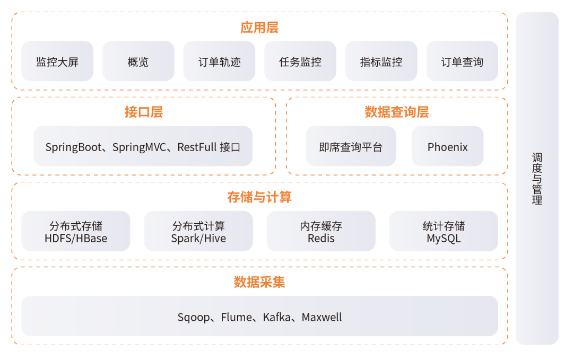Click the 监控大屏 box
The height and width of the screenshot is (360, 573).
pos(57,62)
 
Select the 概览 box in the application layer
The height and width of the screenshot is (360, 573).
pos(138,62)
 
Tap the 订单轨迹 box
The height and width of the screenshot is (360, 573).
pos(219,62)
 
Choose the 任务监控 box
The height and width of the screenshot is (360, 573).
pos(300,62)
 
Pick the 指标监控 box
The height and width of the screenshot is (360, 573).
pos(381,62)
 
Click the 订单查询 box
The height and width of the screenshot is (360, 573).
pos(462,62)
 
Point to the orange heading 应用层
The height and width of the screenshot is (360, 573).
pos(259,28)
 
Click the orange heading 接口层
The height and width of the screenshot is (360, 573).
pos(144,112)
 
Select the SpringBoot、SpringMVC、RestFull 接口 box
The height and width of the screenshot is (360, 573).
pos(143,147)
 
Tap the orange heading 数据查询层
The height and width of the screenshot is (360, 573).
pos(397,112)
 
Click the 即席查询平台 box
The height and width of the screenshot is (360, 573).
pos(351,147)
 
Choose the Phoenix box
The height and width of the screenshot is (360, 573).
pos(448,147)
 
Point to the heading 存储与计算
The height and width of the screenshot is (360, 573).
pos(259,197)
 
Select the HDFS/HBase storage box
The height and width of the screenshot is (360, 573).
pos(76,232)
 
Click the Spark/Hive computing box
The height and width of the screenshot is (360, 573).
pos(198,232)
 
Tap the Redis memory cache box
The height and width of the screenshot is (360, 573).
pos(321,232)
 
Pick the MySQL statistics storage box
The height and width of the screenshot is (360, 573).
pos(444,232)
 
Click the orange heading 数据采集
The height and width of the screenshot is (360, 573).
pos(259,282)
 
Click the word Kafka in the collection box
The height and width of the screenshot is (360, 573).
pos(277,317)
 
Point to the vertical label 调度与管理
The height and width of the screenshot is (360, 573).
pos(537,179)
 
